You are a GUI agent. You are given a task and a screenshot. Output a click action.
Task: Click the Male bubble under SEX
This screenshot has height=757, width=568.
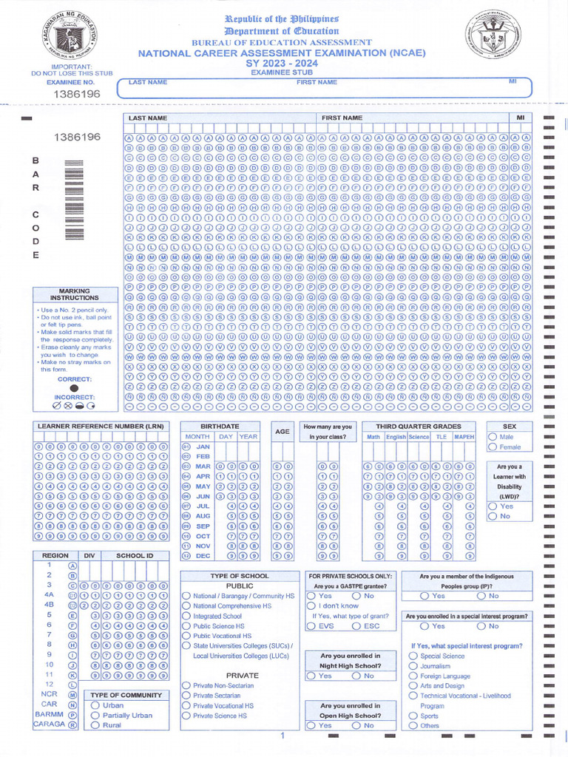click(493, 437)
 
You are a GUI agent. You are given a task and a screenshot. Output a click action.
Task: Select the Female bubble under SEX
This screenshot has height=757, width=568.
click(493, 447)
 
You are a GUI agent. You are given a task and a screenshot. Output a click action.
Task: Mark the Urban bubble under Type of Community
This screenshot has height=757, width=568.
click(95, 706)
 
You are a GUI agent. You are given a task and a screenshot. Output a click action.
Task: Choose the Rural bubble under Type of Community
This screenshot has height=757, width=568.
click(95, 726)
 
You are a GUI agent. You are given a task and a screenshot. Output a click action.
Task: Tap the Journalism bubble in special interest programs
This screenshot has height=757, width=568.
click(413, 666)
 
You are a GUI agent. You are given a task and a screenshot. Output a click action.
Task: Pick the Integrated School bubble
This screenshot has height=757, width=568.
click(186, 616)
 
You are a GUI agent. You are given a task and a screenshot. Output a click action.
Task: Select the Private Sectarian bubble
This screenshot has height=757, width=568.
click(186, 696)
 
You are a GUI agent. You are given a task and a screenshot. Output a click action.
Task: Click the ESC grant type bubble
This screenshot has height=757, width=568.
click(356, 626)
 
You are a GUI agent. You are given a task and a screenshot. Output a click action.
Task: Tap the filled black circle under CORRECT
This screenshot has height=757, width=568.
click(73, 388)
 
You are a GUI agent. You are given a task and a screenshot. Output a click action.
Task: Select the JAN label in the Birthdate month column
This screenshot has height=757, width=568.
click(203, 447)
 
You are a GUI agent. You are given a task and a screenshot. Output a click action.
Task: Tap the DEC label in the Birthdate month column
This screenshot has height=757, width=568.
click(203, 555)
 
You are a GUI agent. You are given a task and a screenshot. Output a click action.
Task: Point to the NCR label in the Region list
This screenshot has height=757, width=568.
click(50, 695)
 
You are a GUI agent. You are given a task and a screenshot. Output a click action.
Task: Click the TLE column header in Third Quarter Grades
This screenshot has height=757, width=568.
click(441, 437)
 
